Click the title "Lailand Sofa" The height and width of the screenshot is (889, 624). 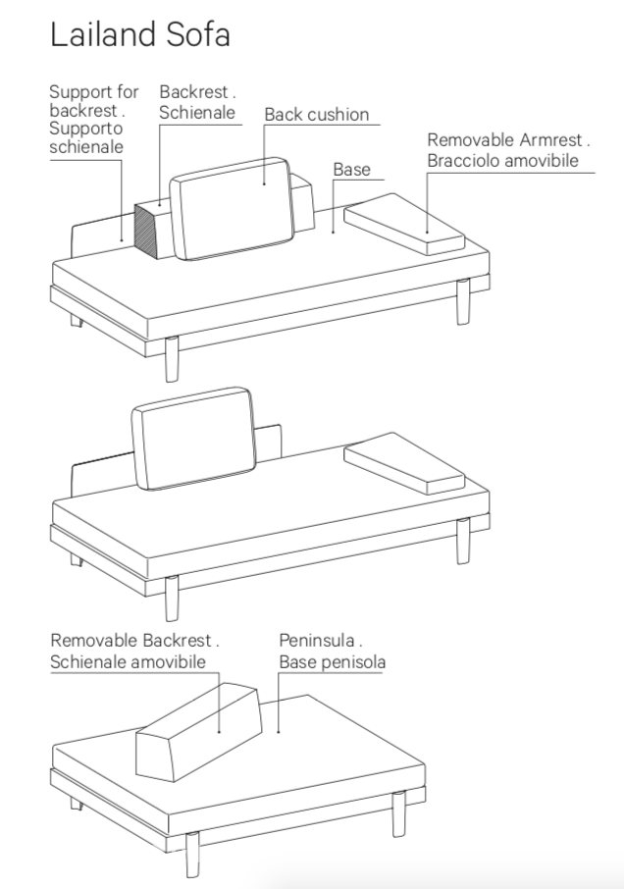tap(139, 34)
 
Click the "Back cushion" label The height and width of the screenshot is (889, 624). tap(316, 115)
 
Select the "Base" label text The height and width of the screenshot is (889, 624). tap(351, 170)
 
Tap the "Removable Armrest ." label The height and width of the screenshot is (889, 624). tap(508, 140)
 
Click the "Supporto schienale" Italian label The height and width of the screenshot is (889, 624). tap(86, 137)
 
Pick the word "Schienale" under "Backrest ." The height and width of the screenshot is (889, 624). tap(197, 113)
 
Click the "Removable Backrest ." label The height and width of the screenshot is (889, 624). tap(135, 640)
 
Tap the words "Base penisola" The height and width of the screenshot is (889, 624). tap(332, 662)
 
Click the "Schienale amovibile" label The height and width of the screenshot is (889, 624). tap(129, 662)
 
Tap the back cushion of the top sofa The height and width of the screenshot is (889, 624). tap(234, 208)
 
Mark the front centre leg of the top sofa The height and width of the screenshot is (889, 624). tap(172, 358)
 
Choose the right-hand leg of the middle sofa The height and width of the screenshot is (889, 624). tap(463, 541)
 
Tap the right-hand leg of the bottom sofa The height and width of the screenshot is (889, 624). tap(398, 813)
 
